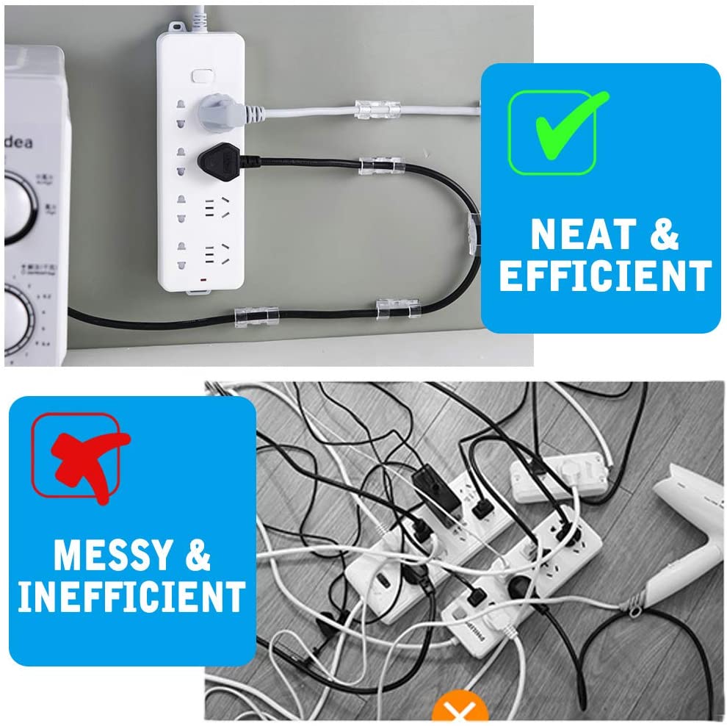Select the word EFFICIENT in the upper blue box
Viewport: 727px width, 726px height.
604,276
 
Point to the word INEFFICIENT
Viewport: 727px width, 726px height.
131,597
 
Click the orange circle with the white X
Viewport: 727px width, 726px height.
460,711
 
